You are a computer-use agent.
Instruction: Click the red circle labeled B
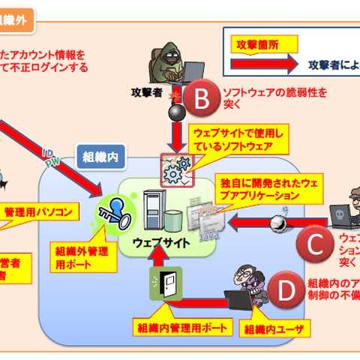click(x=200, y=96)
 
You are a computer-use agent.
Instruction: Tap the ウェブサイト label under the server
click(x=158, y=243)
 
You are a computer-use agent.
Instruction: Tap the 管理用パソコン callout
click(x=38, y=211)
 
